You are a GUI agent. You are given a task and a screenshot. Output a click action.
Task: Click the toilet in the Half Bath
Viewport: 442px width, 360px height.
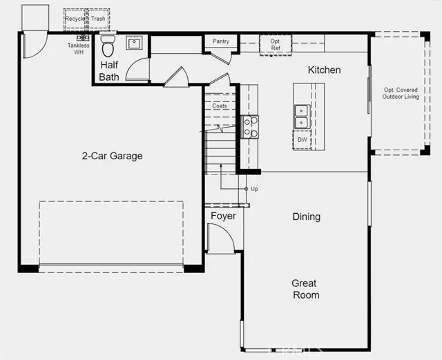(x=108, y=46)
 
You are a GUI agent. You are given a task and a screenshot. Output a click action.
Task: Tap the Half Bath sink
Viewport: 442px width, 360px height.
(x=134, y=43)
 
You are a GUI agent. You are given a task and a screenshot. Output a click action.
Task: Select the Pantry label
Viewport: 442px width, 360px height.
(x=221, y=41)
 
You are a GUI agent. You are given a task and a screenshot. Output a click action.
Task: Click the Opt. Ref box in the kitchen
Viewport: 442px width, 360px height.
(x=276, y=45)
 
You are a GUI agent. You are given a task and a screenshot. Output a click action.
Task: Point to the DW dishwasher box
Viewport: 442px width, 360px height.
(x=302, y=139)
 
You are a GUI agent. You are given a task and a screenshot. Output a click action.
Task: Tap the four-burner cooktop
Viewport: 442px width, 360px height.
(x=250, y=127)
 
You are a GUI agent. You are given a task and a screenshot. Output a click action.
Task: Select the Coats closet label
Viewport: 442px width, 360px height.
(x=220, y=106)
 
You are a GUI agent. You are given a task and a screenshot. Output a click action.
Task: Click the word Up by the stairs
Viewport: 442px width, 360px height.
(x=254, y=189)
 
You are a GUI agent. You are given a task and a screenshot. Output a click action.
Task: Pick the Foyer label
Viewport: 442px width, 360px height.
(x=223, y=216)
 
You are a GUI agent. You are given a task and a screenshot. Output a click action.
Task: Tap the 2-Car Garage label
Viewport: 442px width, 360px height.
(x=112, y=156)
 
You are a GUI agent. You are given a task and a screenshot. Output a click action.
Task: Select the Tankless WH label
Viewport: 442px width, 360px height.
(x=79, y=49)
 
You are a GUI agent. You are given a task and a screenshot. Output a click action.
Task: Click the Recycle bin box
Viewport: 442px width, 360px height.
(x=75, y=19)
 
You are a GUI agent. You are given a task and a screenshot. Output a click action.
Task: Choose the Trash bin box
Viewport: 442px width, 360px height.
(x=98, y=19)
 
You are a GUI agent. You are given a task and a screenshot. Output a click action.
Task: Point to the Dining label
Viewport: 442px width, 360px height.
(x=307, y=217)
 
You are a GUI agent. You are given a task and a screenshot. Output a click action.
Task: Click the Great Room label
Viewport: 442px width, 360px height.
(x=305, y=289)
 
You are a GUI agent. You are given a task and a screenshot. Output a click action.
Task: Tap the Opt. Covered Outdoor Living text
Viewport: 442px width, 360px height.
(x=401, y=93)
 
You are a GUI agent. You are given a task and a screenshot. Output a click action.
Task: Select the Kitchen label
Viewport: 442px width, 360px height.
(x=324, y=70)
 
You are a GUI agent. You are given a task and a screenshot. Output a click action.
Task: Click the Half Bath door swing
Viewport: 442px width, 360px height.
(x=137, y=69)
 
